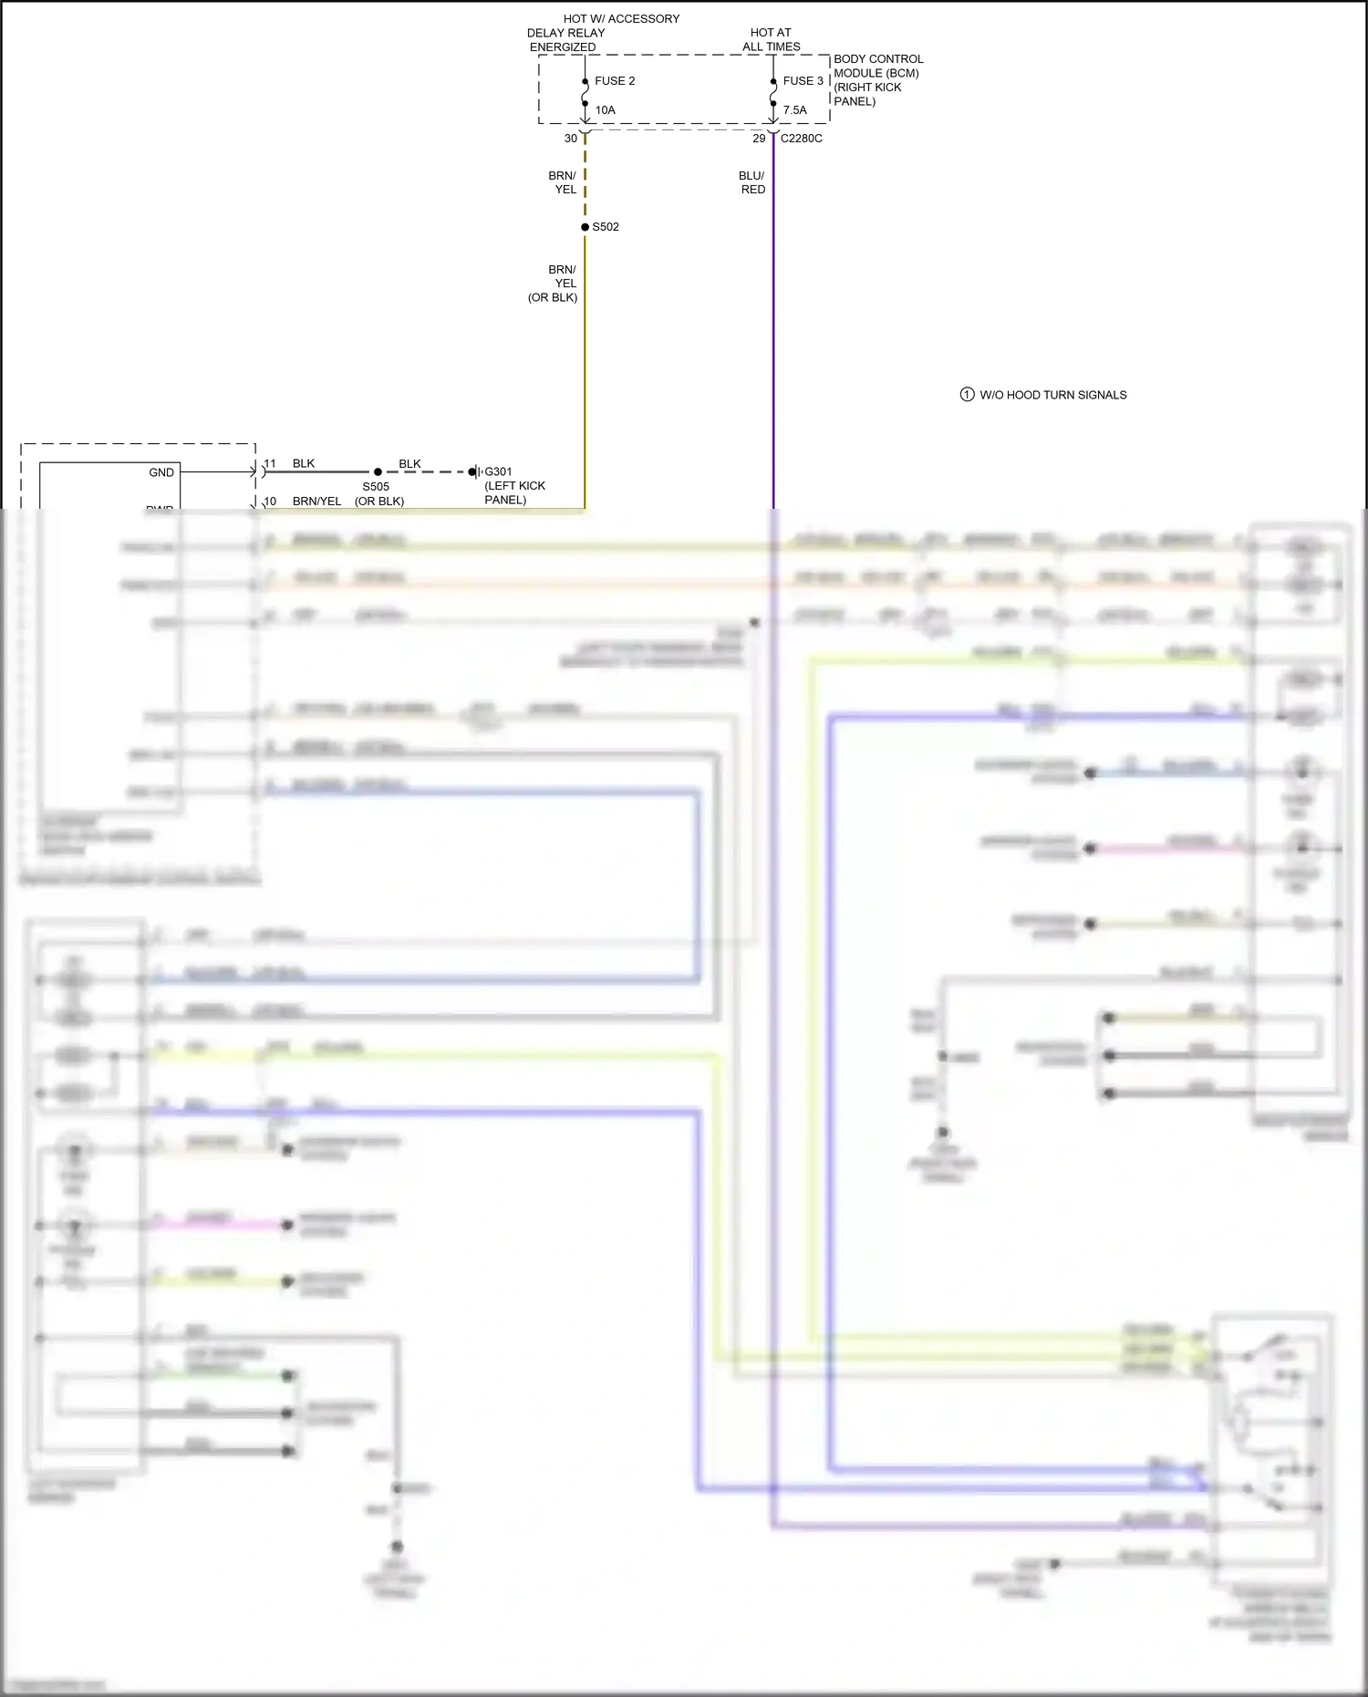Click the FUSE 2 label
pos(614,81)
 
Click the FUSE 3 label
pos(803,81)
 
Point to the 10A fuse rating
pos(606,110)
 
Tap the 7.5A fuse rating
pos(794,110)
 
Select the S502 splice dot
pos(585,227)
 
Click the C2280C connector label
pos(801,139)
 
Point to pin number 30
pos(571,139)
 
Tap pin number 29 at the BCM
pos(759,139)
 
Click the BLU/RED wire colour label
pos(752,182)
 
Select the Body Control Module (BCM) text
pos(876,73)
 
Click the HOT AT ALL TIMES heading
pos(771,39)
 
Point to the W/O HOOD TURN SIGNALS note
pos(1052,395)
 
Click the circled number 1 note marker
pos(967,395)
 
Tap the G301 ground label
pos(498,471)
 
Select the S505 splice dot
pos(378,472)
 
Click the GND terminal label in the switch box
pos(161,472)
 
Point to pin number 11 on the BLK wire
pos(270,464)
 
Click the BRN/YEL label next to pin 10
pos(316,502)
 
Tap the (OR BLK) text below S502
pos(552,297)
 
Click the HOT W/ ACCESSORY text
pos(621,18)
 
